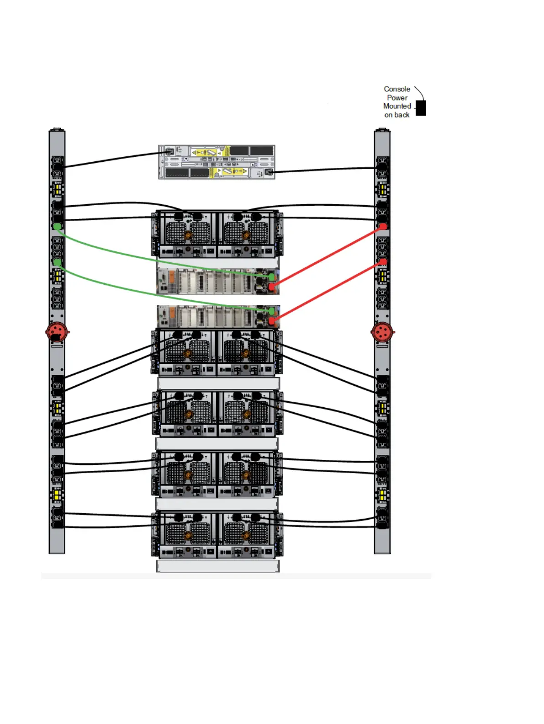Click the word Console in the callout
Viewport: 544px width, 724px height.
click(396, 89)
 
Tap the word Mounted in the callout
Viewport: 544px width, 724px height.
click(396, 106)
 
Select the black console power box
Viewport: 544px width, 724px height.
click(421, 108)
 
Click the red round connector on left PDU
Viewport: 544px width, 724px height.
click(57, 332)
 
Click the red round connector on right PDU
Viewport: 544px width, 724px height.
click(382, 332)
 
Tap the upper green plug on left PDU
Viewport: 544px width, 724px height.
click(57, 226)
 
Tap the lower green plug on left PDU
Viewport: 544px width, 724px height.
click(57, 262)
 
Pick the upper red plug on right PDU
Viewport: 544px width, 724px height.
click(383, 226)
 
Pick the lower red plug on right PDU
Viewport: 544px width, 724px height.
click(383, 261)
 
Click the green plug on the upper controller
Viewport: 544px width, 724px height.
click(272, 277)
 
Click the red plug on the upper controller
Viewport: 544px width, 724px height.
click(272, 287)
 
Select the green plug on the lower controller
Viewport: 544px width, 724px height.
click(272, 311)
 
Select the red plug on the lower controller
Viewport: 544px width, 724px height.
click(272, 321)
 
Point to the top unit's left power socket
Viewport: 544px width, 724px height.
click(169, 151)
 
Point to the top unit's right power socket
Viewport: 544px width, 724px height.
click(269, 172)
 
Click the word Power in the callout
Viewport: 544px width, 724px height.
click(397, 98)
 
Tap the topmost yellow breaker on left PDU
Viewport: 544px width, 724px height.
click(57, 189)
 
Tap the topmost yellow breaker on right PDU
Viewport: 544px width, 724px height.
click(383, 189)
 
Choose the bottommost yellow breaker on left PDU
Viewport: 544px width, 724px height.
click(57, 494)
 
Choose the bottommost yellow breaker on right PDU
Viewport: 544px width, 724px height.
click(383, 494)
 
